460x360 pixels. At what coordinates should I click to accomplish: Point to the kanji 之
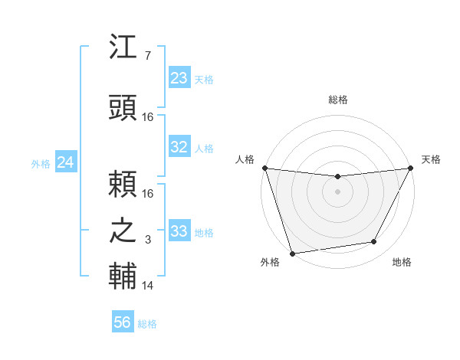click(x=123, y=231)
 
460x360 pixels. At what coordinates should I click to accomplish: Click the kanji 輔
click(x=123, y=277)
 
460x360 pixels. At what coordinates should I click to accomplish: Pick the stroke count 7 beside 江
click(x=147, y=56)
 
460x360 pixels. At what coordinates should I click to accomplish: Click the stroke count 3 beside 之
click(x=147, y=240)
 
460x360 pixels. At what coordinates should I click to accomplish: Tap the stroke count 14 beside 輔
click(x=148, y=286)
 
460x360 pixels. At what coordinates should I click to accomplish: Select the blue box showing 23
click(x=179, y=78)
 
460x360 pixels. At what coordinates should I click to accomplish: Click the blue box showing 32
click(x=179, y=147)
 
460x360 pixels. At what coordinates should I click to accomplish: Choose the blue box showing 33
click(x=179, y=231)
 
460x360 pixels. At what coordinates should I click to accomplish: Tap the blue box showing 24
click(x=66, y=162)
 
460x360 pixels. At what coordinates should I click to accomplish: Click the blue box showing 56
click(x=123, y=322)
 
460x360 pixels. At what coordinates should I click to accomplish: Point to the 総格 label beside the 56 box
click(x=147, y=324)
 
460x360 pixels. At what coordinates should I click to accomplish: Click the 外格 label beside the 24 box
click(x=41, y=164)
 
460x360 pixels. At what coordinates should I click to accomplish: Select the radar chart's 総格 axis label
click(x=337, y=100)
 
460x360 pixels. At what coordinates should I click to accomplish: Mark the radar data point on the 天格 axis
click(x=411, y=168)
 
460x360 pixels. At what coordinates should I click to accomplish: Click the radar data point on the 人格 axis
click(x=264, y=168)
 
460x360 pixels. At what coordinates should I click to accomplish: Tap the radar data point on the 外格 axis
click(x=292, y=253)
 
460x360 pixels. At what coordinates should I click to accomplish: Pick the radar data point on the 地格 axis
click(x=374, y=242)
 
